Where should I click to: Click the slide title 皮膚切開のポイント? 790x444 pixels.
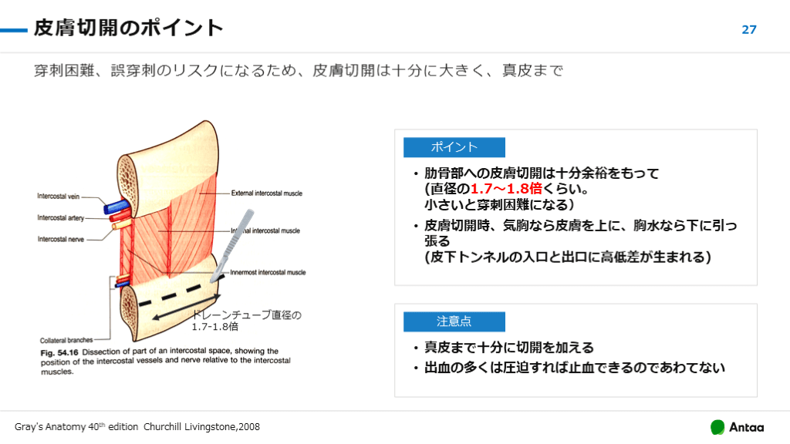(128, 29)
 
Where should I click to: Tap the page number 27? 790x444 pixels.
(749, 30)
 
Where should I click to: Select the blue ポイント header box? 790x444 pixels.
(454, 147)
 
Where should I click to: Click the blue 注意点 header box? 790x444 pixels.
(454, 321)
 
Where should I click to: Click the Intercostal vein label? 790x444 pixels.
(59, 197)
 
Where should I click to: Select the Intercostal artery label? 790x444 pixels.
(61, 218)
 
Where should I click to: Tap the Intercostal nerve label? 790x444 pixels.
(61, 239)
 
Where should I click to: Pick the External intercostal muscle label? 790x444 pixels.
(267, 193)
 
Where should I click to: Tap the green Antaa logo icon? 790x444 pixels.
(717, 427)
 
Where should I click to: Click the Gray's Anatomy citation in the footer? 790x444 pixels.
(137, 427)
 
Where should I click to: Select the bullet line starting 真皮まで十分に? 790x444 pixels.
(509, 348)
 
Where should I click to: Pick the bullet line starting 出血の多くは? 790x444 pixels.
(575, 368)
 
